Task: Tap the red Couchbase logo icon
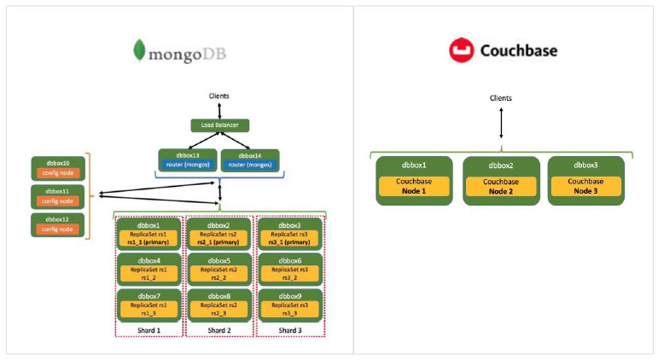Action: tap(461, 50)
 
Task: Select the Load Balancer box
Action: tap(219, 125)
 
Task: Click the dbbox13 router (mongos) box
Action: tap(186, 159)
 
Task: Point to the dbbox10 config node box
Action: tap(56, 167)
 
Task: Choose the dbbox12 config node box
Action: tap(56, 224)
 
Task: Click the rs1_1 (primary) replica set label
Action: tap(149, 241)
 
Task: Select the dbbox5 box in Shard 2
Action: tap(219, 268)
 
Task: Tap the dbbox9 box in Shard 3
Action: tap(289, 304)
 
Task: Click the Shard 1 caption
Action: tap(149, 330)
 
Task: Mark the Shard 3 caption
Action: tap(289, 330)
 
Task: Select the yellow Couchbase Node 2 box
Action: tap(501, 186)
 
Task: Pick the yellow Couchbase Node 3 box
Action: tap(585, 186)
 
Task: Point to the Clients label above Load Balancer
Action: tap(219, 96)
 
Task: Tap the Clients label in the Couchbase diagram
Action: tap(501, 98)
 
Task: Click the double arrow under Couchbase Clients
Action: tap(501, 123)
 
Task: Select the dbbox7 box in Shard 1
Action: tap(149, 304)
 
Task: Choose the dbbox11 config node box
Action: tap(56, 196)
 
